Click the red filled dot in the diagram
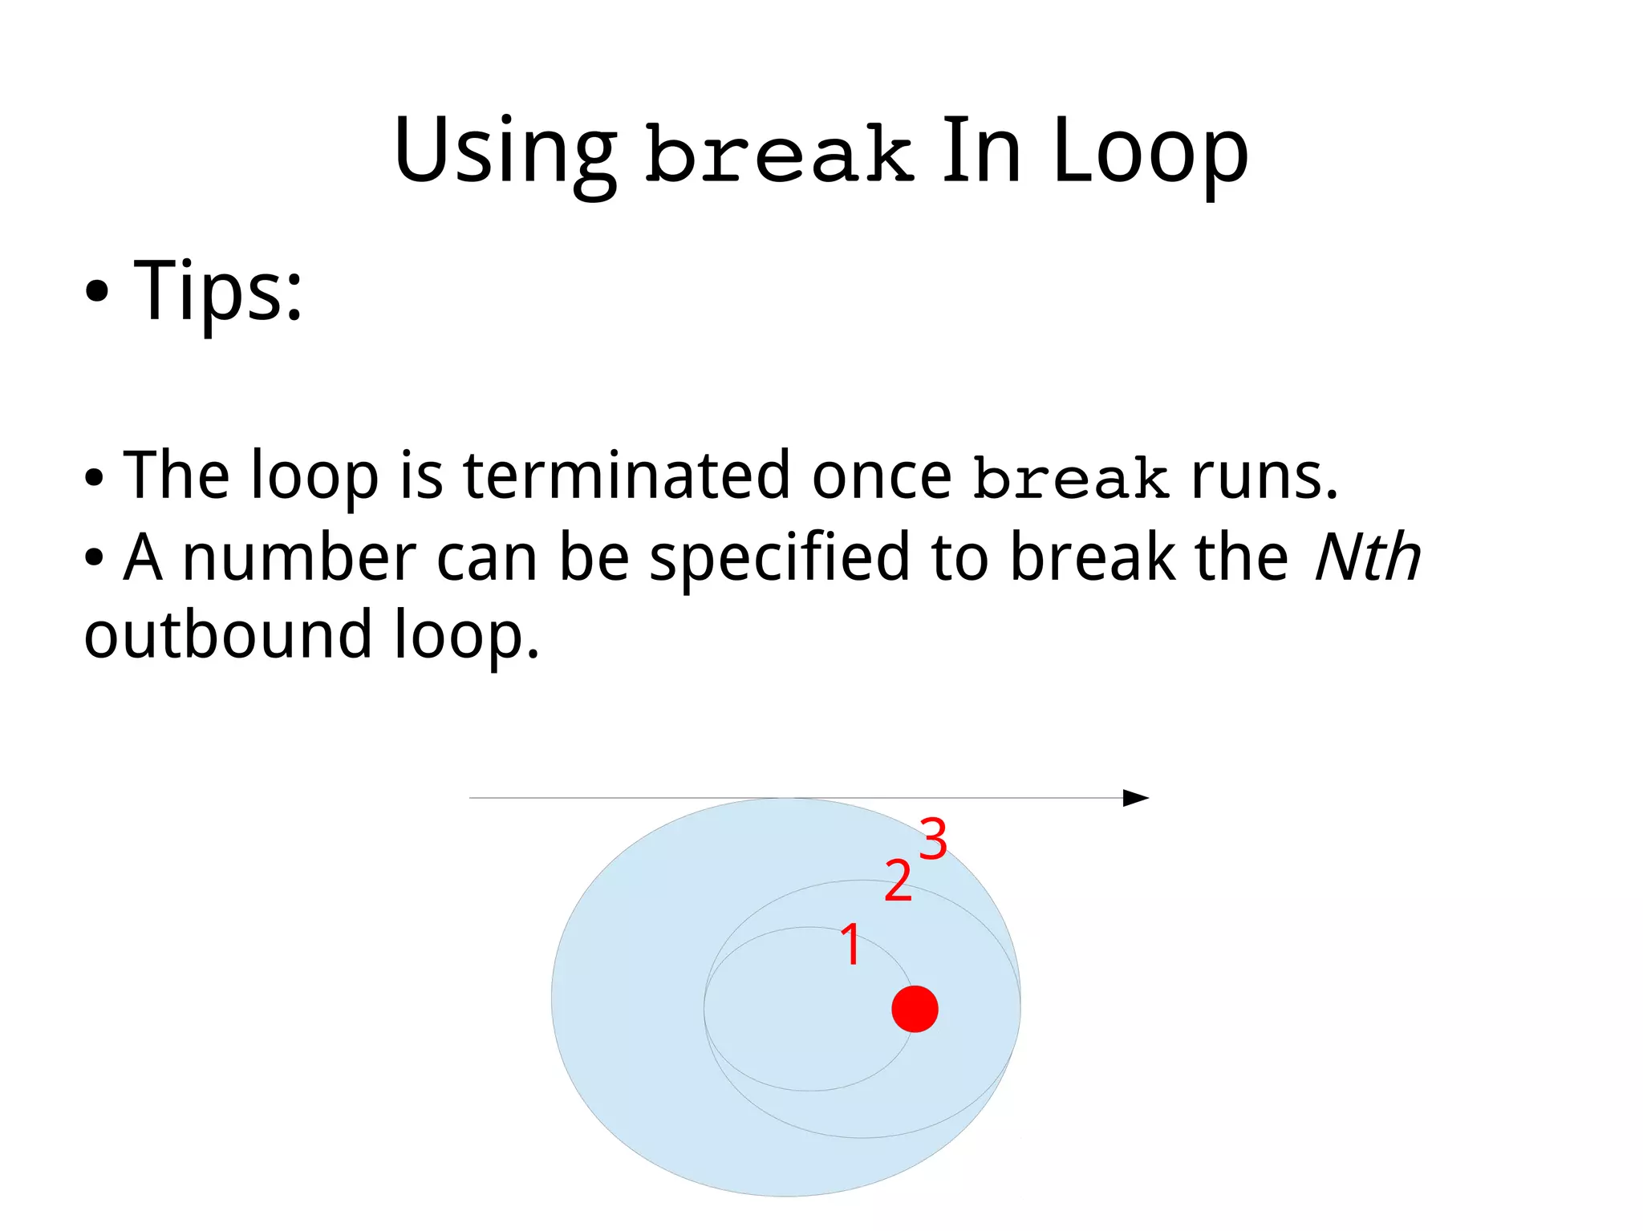point(915,1008)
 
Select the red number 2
point(898,881)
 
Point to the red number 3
point(933,839)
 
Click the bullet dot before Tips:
point(96,294)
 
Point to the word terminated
point(627,475)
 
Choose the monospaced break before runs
point(1070,478)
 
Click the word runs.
point(1264,476)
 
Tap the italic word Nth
point(1368,557)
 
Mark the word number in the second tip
point(299,557)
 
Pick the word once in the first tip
point(881,476)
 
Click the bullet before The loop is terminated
point(94,478)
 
